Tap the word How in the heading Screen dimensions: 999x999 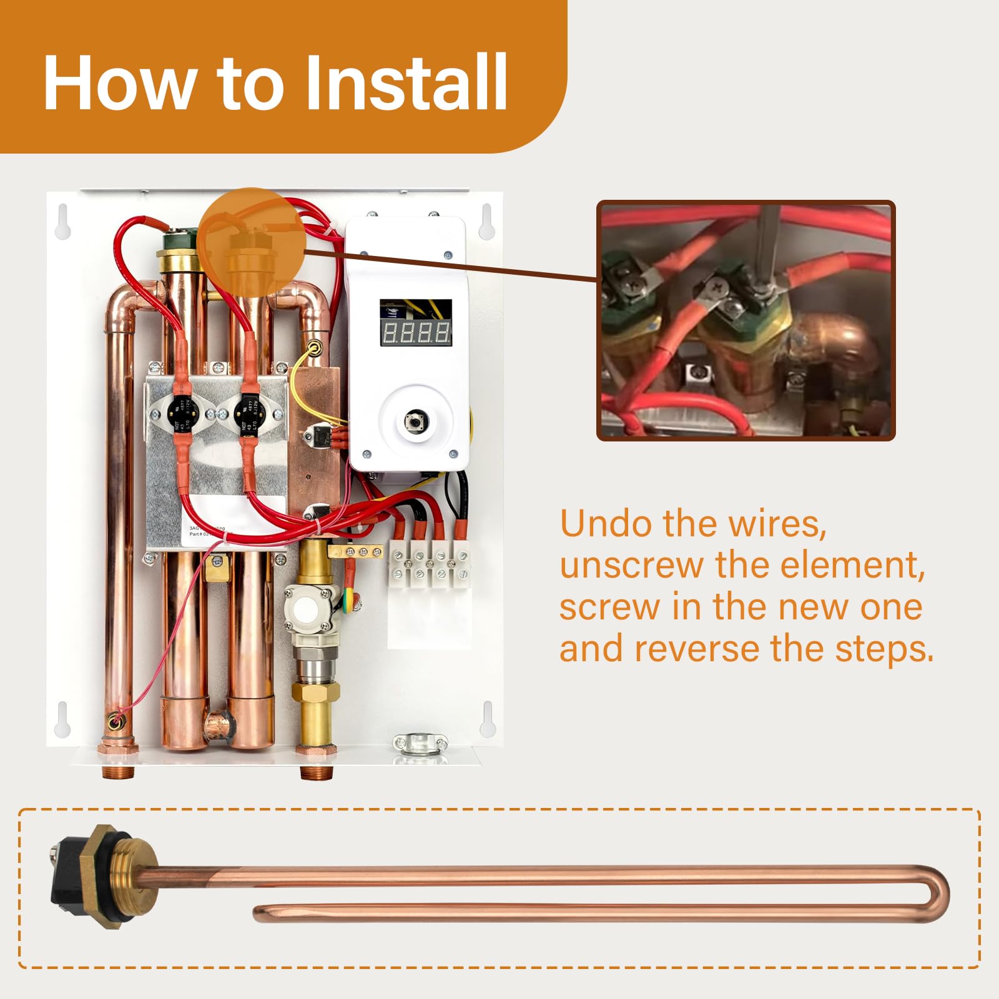119,83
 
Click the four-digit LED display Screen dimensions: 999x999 416,332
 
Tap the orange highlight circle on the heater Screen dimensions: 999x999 251,241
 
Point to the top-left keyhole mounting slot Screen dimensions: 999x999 63,222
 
